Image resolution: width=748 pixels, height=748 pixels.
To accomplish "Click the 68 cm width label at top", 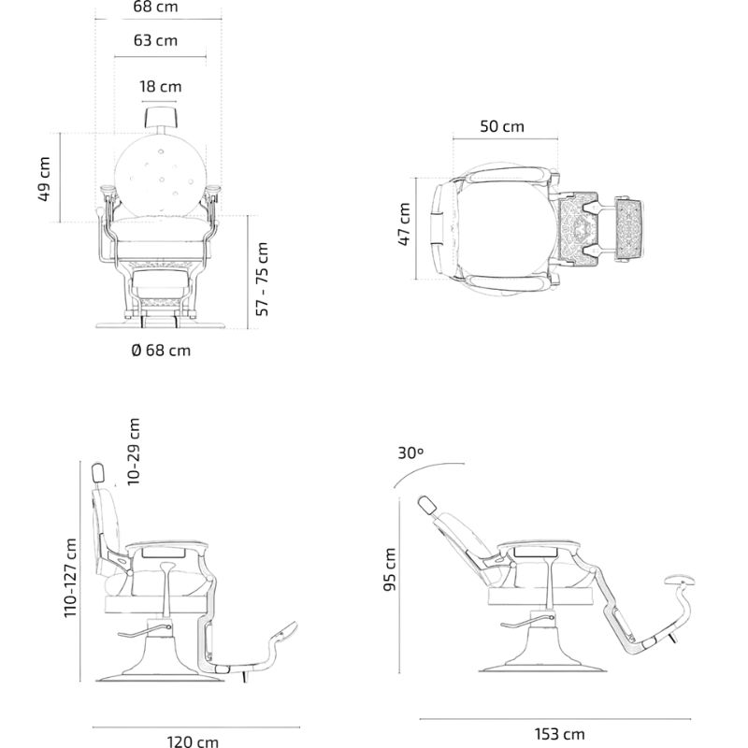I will pos(155,7).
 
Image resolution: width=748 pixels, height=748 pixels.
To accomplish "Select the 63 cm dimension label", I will pos(155,40).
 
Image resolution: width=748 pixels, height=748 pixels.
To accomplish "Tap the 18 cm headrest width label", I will pos(160,86).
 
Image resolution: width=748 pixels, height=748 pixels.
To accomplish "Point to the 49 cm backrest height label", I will pos(44,178).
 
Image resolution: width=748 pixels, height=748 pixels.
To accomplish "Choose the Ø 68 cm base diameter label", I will pos(161,350).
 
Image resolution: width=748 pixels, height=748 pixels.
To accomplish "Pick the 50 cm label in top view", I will pos(502,126).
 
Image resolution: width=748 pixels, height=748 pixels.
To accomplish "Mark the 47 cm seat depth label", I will pos(404,224).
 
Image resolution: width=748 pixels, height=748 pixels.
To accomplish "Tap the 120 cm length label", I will pos(193,741).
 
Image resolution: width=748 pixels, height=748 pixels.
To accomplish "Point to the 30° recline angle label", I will pos(410,453).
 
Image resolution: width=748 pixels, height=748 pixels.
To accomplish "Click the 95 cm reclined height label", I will pos(390,569).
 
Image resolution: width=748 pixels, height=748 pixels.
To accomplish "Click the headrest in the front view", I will pos(160,117).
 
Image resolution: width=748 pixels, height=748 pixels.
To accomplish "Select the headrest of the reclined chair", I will pos(426,506).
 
